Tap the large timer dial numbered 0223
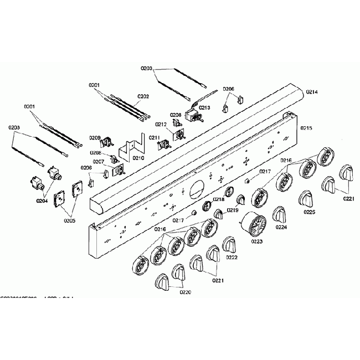coord(254,225)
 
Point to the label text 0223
coord(256,241)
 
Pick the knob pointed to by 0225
coord(307,199)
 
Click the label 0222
coord(232,258)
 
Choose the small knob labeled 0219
coord(240,199)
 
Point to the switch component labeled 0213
coord(194,116)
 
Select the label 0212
coord(161,124)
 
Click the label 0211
coord(154,137)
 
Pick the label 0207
coord(98,162)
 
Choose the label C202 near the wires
coord(143,96)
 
